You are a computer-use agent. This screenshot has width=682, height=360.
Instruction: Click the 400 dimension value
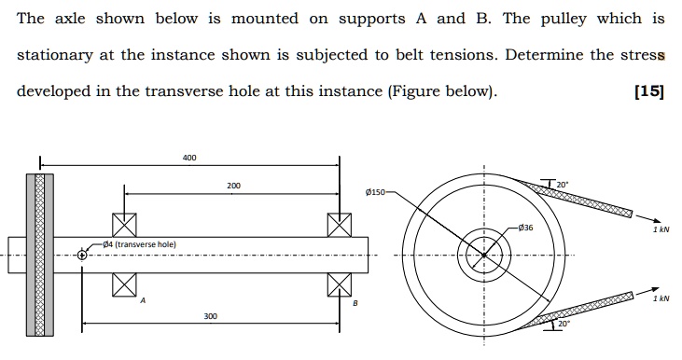tap(189, 158)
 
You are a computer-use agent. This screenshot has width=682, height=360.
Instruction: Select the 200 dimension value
tap(233, 186)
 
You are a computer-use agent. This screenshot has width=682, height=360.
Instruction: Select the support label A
tap(144, 301)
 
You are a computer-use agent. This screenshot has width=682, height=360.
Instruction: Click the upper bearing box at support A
tap(124, 224)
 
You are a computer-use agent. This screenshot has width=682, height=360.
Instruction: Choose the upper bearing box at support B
tap(340, 224)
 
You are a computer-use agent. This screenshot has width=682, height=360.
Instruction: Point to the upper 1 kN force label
tap(661, 228)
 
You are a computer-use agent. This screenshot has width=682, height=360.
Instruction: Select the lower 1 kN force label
tap(661, 300)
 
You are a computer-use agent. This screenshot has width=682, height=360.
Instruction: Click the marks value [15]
tap(647, 92)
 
